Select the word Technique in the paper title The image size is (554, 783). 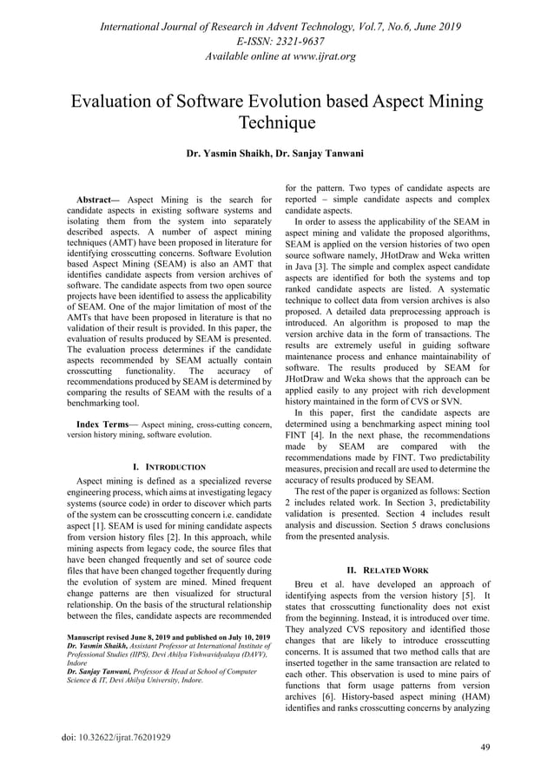(277, 122)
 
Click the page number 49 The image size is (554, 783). (485, 747)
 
